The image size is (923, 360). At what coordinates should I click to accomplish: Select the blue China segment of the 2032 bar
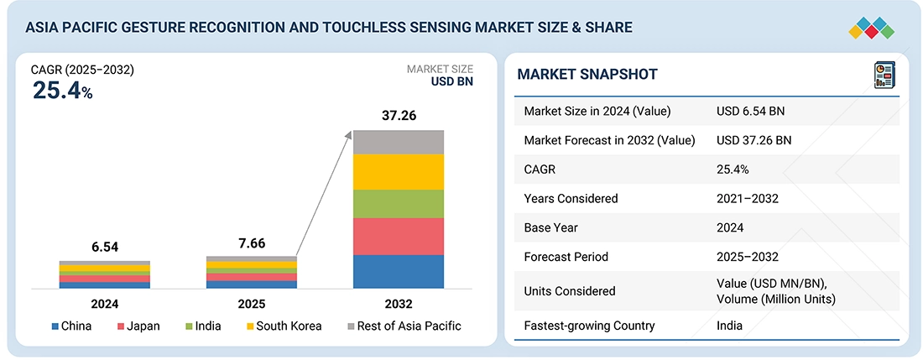click(399, 271)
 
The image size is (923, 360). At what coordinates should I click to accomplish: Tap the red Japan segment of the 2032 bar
click(399, 236)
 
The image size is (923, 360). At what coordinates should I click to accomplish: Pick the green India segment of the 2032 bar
click(399, 204)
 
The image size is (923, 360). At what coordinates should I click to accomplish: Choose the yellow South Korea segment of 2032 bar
click(399, 172)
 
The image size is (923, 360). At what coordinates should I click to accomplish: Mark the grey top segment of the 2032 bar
click(399, 142)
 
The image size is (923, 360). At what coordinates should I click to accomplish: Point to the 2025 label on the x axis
click(252, 304)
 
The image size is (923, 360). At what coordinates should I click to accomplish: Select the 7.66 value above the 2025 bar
click(252, 243)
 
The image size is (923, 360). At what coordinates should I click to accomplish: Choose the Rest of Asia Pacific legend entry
click(403, 326)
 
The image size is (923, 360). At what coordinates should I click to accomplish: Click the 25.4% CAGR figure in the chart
click(62, 91)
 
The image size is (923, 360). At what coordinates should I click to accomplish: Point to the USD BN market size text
click(451, 82)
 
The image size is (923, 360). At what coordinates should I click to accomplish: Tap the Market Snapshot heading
click(587, 75)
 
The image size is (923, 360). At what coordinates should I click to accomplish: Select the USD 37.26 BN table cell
click(754, 140)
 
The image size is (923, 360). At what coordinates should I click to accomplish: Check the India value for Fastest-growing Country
click(729, 326)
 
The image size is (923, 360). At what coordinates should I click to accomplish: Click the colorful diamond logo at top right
click(871, 28)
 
